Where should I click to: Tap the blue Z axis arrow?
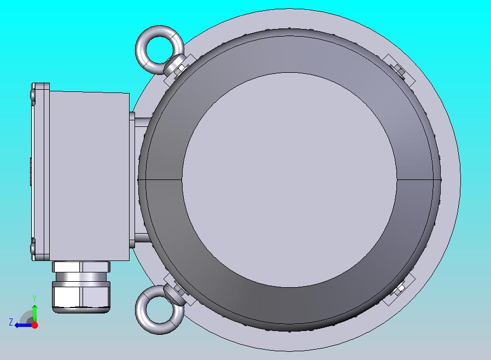[24, 325]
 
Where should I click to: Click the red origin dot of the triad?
[35, 325]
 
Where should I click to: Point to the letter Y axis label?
[35, 298]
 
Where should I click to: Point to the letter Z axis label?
[11, 322]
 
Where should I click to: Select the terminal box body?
[89, 176]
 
